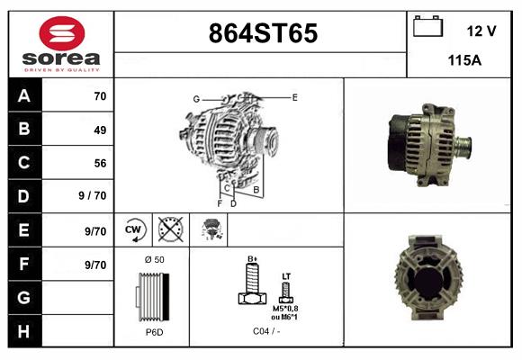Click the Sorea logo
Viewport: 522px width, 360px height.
pos(60,44)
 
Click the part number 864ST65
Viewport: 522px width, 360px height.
pos(262,33)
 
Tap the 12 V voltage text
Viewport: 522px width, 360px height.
pos(481,31)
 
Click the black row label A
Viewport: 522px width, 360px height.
pos(24,95)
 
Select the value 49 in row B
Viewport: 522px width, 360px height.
pos(99,130)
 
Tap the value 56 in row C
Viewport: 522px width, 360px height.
pos(99,163)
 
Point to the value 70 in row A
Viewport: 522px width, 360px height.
pos(99,95)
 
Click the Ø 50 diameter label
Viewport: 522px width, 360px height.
pos(154,259)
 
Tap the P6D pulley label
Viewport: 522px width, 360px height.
pos(154,332)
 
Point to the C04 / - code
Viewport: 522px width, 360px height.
pos(265,332)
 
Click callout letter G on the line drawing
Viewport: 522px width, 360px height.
pos(195,98)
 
